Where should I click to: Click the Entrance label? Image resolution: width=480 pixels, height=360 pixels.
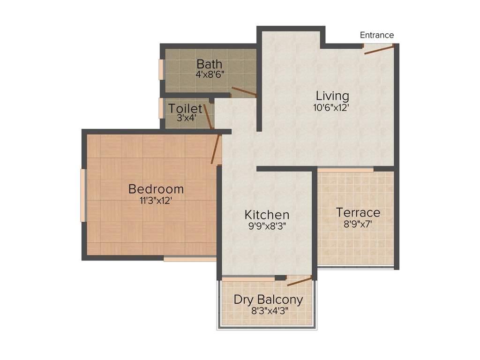(376, 35)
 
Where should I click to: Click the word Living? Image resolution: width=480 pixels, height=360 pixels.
(332, 96)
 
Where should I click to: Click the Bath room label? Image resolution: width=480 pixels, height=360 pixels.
(209, 64)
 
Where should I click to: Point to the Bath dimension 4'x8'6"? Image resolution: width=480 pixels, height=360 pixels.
(209, 74)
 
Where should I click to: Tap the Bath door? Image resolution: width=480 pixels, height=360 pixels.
(244, 92)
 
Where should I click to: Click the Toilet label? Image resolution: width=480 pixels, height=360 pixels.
(186, 109)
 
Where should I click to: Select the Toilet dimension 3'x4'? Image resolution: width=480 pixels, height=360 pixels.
(186, 118)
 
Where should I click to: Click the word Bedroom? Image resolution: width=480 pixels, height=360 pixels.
(156, 189)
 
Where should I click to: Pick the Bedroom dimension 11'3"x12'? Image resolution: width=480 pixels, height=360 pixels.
(156, 200)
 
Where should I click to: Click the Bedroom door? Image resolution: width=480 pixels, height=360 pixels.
(216, 149)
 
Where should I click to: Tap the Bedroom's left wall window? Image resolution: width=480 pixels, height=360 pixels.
(83, 195)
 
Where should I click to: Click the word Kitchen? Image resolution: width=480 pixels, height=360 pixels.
(267, 215)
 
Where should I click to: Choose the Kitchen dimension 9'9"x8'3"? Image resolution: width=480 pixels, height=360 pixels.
(267, 225)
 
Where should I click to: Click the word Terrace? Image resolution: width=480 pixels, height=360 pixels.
(358, 212)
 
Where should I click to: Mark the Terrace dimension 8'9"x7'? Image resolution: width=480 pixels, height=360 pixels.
(358, 224)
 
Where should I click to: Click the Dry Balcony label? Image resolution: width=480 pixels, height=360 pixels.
(268, 300)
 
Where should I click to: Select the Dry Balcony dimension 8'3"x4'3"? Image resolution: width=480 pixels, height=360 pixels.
(268, 310)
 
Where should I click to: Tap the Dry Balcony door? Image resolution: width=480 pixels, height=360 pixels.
(300, 281)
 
